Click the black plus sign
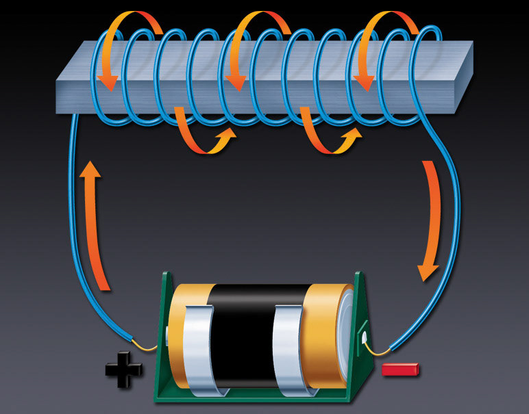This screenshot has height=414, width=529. point(124,369)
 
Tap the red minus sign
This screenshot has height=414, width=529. point(401,370)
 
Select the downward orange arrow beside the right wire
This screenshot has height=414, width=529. point(432,219)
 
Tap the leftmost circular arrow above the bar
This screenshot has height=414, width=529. point(123,41)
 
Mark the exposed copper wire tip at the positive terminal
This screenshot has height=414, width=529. point(147,346)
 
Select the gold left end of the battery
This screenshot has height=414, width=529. point(180,322)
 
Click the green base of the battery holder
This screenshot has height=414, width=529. point(260,397)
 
